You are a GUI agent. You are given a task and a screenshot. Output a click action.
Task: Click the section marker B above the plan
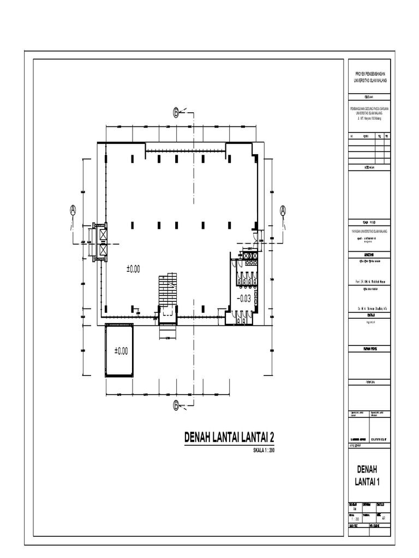point(176,113)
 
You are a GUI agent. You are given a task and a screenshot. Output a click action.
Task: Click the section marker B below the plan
point(176,404)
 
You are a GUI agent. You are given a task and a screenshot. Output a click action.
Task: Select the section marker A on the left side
point(73,209)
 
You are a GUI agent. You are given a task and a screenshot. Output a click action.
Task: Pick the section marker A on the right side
point(283,209)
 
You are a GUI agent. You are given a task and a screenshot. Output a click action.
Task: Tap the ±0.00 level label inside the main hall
point(133,269)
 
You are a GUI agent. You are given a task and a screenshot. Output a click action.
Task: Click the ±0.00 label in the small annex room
point(121,351)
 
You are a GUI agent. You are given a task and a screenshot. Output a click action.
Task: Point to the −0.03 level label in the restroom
point(244,298)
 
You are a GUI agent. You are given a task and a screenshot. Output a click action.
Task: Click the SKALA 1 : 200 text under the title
point(265,451)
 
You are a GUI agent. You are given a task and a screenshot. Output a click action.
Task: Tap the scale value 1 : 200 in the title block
point(357,519)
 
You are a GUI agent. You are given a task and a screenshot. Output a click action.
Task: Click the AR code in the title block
point(385,519)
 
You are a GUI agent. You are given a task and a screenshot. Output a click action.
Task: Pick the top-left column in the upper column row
point(132,159)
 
